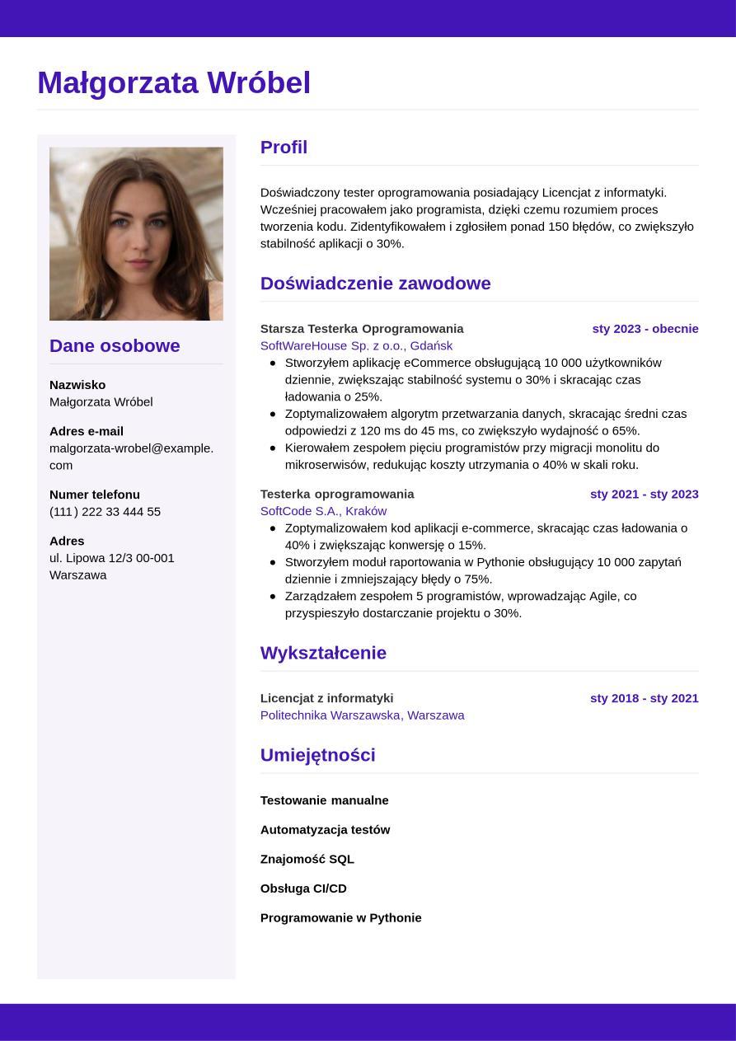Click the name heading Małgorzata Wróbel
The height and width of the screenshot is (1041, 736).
(174, 83)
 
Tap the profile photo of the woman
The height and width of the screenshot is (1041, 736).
(136, 233)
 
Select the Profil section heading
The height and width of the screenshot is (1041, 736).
(284, 148)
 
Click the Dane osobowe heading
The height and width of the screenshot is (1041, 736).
(115, 346)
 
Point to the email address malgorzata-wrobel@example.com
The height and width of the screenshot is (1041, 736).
(131, 456)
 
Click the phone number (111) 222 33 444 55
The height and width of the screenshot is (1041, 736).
(105, 512)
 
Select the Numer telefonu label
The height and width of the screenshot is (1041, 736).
(95, 495)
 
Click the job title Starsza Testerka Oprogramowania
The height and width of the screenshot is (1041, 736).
(362, 329)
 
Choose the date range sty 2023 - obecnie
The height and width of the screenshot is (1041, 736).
(645, 329)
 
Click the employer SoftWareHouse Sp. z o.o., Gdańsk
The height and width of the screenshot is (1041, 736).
(356, 346)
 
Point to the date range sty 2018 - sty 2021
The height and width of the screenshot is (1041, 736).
(644, 698)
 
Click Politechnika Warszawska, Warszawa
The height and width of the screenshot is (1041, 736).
(362, 715)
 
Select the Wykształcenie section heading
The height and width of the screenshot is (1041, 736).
(323, 653)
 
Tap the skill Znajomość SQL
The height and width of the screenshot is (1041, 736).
(307, 859)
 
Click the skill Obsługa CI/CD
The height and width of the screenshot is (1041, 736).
(303, 889)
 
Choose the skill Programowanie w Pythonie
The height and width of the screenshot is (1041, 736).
(340, 918)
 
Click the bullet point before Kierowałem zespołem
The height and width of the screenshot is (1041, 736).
(273, 448)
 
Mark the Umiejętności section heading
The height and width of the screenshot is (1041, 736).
(317, 755)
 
